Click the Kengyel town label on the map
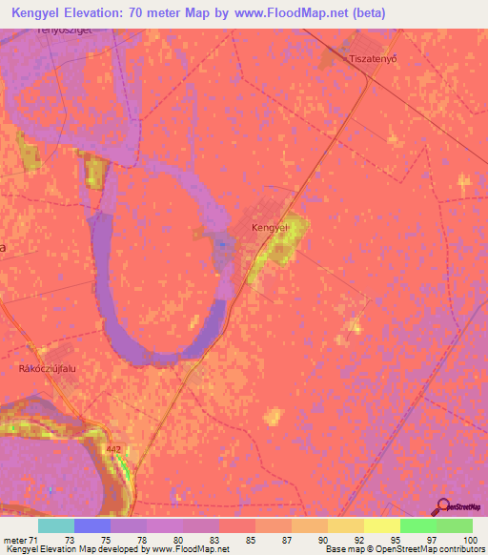click(270, 228)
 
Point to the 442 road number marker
click(114, 448)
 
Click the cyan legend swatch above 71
click(56, 525)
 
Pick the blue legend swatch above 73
click(92, 525)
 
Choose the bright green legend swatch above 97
click(418, 525)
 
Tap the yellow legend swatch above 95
click(382, 525)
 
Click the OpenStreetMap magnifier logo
click(442, 506)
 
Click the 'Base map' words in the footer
click(342, 549)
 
